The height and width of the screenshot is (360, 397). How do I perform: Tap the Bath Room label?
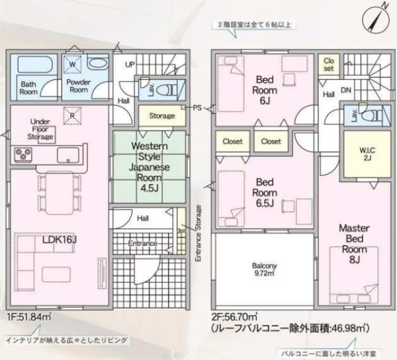pos(28,88)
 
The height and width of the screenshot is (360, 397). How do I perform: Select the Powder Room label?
pos(77,86)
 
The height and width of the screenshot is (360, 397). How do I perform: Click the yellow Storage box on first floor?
pos(161,116)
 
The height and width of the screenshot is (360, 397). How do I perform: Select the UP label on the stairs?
pos(130,64)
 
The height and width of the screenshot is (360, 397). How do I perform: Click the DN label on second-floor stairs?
pos(345,90)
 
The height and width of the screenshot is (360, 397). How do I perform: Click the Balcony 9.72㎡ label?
pos(264,269)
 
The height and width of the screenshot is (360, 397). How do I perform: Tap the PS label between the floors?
pos(197,107)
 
